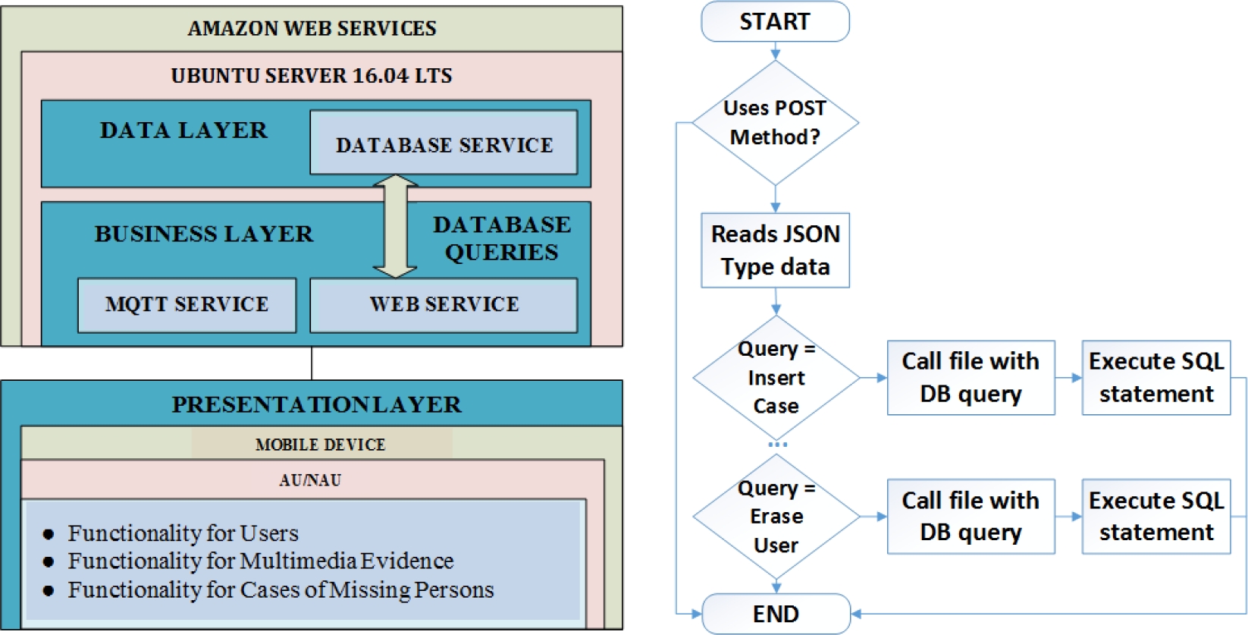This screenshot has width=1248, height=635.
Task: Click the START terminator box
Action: pos(775,22)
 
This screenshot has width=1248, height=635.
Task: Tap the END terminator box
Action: pos(776,613)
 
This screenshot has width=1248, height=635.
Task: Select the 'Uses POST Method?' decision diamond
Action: pos(775,122)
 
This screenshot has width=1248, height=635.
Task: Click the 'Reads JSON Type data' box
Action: pos(775,250)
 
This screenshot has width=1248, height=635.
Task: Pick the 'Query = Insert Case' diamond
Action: pos(776,377)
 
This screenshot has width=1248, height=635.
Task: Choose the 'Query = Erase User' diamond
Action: pos(776,516)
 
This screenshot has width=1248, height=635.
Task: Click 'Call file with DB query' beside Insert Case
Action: pos(970,377)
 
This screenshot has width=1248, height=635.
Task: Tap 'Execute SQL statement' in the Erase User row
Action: pos(1155,516)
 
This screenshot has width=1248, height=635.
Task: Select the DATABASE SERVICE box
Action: pos(444,143)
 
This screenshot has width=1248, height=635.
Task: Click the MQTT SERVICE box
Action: pos(187,304)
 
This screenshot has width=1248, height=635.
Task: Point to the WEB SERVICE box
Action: pos(444,304)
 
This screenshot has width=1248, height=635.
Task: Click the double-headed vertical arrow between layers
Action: pos(395,226)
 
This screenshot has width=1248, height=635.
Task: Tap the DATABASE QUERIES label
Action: pos(501,237)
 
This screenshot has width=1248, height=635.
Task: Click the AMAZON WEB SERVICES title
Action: pos(312,29)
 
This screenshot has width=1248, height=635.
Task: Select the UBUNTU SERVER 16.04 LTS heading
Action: pos(312,76)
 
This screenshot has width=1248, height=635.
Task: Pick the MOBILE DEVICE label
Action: pos(321,445)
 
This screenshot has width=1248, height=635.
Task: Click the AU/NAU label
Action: pos(310,479)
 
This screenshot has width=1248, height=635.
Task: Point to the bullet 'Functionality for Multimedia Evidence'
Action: pos(260,561)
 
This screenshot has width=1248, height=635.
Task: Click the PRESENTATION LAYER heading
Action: pos(316,404)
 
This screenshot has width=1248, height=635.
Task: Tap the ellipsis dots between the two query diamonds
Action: pos(777,445)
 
